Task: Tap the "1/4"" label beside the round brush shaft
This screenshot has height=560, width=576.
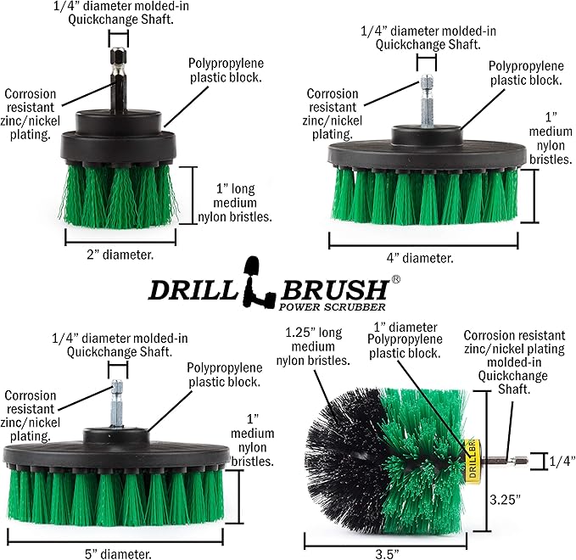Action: click(x=560, y=462)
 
